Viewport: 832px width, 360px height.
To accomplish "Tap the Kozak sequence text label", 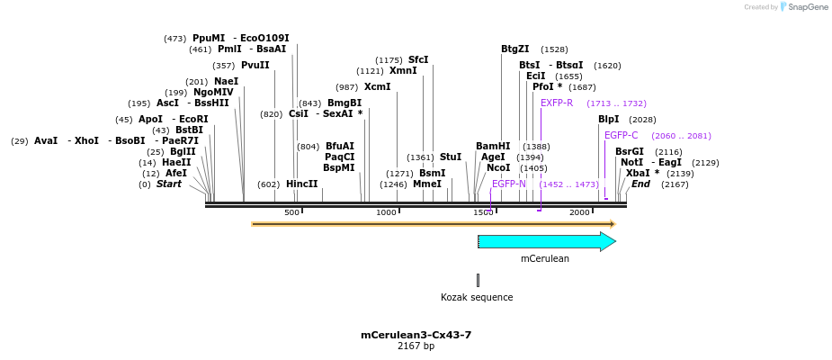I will click(x=477, y=297).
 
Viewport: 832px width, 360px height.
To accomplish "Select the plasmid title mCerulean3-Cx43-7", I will click(x=416, y=335).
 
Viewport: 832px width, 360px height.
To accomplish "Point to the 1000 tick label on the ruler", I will click(x=386, y=212).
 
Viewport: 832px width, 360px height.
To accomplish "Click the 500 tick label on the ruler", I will click(x=291, y=212).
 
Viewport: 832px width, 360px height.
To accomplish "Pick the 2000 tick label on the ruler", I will click(x=579, y=212).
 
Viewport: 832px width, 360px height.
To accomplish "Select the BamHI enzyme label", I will click(x=493, y=147).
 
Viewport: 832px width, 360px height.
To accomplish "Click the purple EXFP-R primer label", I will click(x=556, y=103).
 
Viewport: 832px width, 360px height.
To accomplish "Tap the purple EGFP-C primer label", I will click(x=621, y=136).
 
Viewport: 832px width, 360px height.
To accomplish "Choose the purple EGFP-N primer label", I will click(x=508, y=184).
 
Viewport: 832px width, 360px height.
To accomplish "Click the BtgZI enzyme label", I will click(x=515, y=49).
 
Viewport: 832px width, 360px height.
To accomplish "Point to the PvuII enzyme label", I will click(x=255, y=66).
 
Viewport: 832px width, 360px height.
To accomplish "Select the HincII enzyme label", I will click(x=302, y=184).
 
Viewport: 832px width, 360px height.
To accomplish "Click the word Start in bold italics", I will click(x=169, y=184).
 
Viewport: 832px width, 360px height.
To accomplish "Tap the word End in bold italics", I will click(x=640, y=184).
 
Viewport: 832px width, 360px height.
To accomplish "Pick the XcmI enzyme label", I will click(x=378, y=87).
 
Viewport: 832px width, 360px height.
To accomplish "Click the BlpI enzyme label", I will click(x=609, y=120).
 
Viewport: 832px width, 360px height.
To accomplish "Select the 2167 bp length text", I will click(x=416, y=346).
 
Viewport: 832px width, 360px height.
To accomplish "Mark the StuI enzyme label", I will click(x=451, y=157).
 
